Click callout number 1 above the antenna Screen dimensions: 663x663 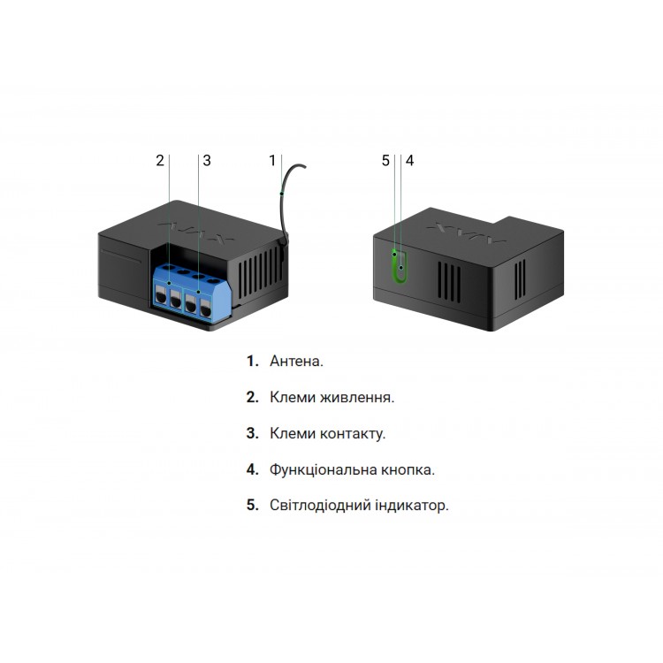tap(273, 160)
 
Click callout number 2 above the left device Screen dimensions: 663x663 tap(159, 160)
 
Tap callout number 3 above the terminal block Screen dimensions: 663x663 tap(207, 160)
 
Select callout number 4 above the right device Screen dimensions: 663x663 tap(409, 160)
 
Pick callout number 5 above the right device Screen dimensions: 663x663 tap(385, 160)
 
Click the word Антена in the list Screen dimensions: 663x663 tap(296, 362)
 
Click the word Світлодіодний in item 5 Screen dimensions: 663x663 tap(311, 507)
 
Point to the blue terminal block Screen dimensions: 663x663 tap(187, 290)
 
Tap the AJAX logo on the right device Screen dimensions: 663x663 tap(465, 235)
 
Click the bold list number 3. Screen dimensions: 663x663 tap(252, 434)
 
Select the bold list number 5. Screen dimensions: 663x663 tap(252, 507)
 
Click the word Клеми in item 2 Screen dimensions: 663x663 tap(293, 398)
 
